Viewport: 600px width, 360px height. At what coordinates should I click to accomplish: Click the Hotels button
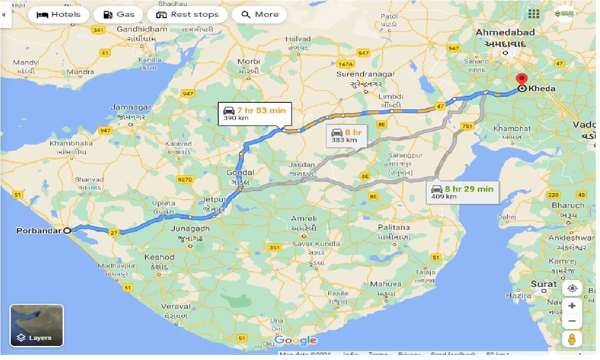click(58, 14)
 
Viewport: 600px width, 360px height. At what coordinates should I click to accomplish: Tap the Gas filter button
click(119, 14)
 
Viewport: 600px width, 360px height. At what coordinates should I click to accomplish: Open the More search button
click(259, 14)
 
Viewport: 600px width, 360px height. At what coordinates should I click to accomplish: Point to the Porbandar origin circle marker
click(67, 230)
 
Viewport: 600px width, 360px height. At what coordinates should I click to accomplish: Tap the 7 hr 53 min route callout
click(255, 114)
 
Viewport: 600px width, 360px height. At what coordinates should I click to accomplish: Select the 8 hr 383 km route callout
click(346, 136)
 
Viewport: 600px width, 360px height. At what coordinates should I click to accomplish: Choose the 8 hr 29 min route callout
click(463, 192)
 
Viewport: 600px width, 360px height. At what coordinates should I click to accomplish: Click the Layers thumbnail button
click(36, 325)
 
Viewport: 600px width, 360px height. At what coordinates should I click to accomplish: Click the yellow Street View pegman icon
click(572, 339)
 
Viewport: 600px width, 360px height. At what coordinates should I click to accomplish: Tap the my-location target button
click(572, 288)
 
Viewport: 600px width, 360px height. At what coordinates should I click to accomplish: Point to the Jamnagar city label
click(131, 108)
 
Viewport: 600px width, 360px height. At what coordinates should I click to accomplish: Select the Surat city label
click(543, 284)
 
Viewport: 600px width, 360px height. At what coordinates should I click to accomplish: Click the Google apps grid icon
click(534, 14)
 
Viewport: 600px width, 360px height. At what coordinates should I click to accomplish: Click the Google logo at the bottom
click(295, 340)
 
